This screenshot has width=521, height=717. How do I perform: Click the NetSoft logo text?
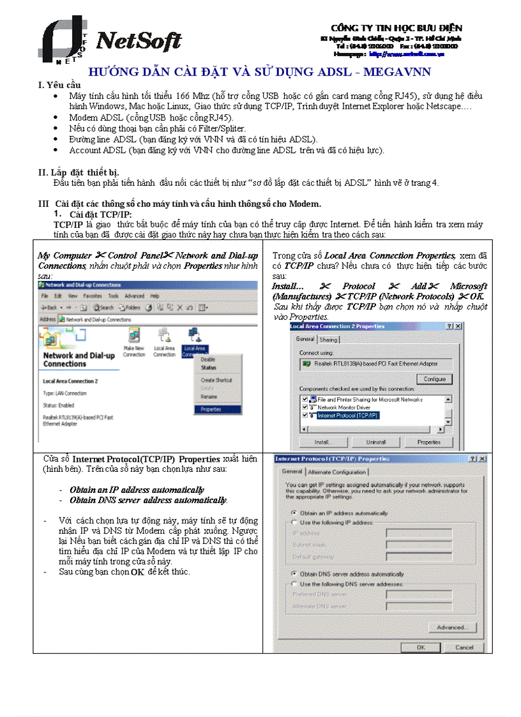(x=139, y=42)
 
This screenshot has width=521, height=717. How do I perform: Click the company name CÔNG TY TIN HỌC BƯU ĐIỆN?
(x=396, y=28)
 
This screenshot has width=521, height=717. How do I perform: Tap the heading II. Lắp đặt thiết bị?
(x=79, y=172)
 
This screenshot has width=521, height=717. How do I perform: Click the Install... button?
(x=322, y=442)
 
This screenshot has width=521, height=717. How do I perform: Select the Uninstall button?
(x=375, y=442)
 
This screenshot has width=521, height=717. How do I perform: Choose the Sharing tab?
(x=328, y=340)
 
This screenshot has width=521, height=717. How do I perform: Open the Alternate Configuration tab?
(x=337, y=472)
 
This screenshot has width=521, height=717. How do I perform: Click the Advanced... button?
(x=451, y=628)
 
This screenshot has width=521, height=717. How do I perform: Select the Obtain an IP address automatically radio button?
(x=294, y=513)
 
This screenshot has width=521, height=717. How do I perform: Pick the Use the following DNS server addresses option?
(x=294, y=584)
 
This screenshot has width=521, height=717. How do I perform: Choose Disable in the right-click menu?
(x=208, y=359)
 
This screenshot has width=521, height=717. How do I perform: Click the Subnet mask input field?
(x=418, y=545)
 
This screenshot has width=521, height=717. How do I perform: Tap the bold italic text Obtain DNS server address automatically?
(x=148, y=500)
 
